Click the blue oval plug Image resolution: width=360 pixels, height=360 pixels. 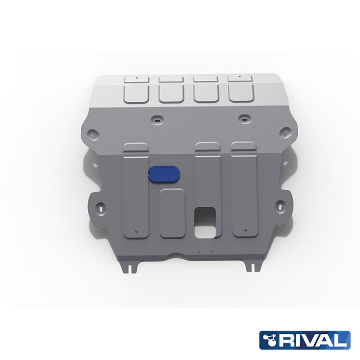[x=164, y=174]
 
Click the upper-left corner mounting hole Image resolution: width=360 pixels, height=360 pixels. [x=92, y=133]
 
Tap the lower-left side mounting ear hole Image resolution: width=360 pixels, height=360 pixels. [x=100, y=208]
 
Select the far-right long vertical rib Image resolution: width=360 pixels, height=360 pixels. [x=245, y=190]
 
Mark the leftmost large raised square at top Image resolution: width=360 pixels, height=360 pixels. [x=136, y=93]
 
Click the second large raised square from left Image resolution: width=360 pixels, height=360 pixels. [x=171, y=93]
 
